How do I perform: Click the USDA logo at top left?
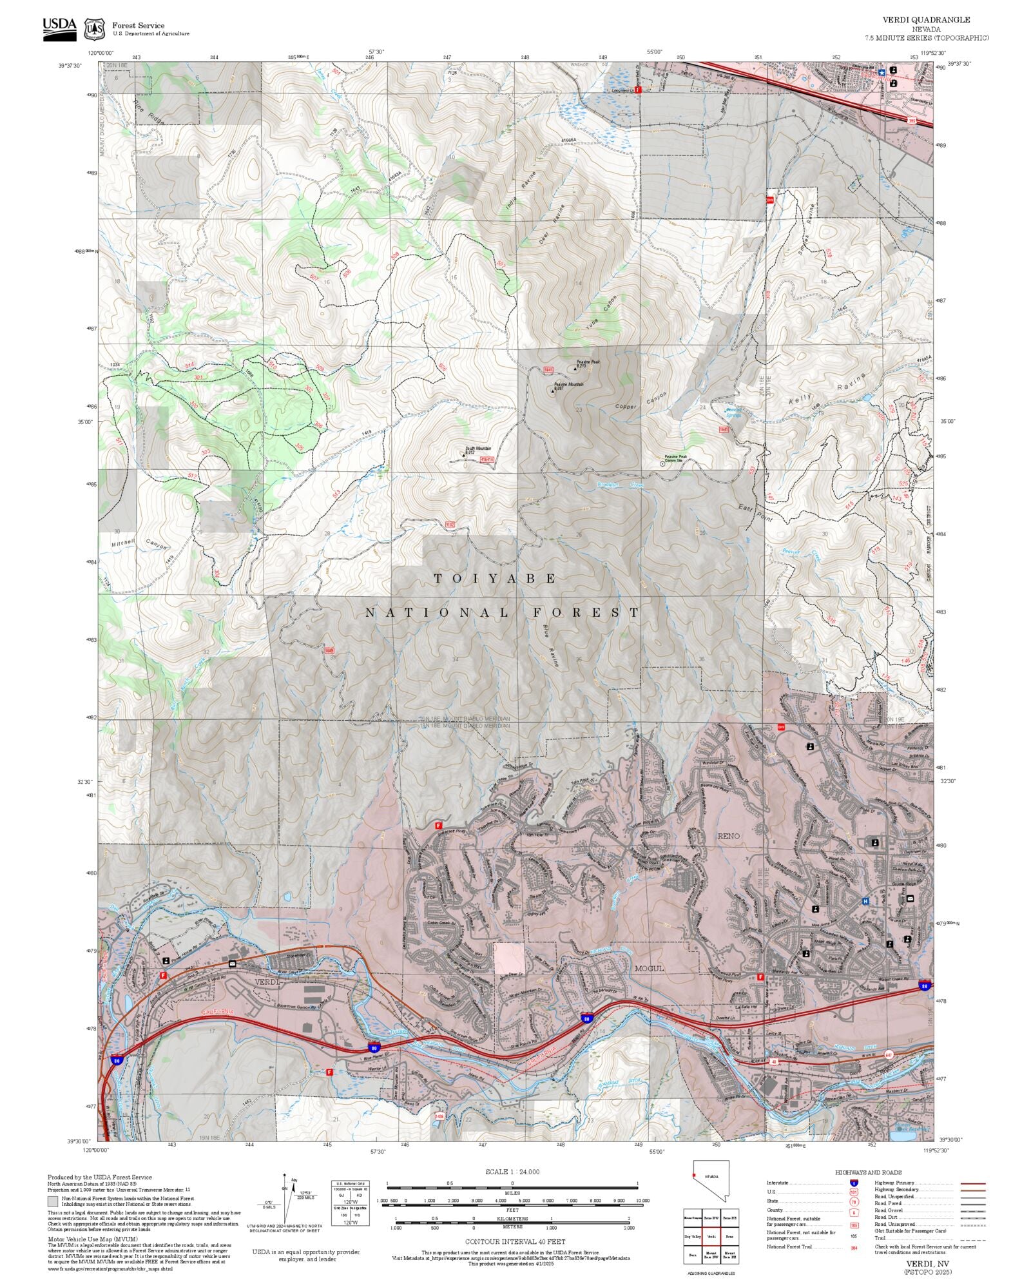coord(59,29)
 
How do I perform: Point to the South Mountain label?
coord(478,449)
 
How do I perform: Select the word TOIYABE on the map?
coord(494,579)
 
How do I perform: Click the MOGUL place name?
coord(649,969)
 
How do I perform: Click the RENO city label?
coord(729,836)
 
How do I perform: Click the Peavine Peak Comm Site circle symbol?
coord(662,463)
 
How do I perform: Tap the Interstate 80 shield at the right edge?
coord(925,985)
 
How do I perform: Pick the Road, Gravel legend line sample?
coord(973,1210)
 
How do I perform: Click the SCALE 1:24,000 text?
coord(512,1172)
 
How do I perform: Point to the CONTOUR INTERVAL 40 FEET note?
coord(515,1241)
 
